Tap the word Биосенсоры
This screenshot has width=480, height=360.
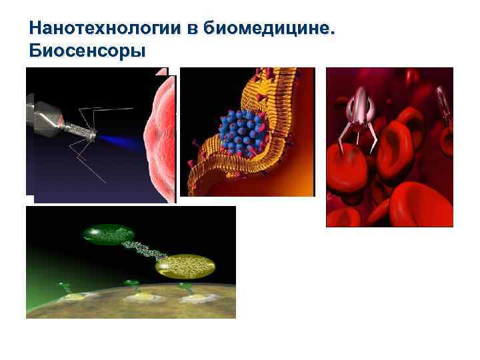pyautogui.click(x=87, y=51)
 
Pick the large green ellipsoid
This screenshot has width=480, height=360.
pyautogui.click(x=109, y=234)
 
